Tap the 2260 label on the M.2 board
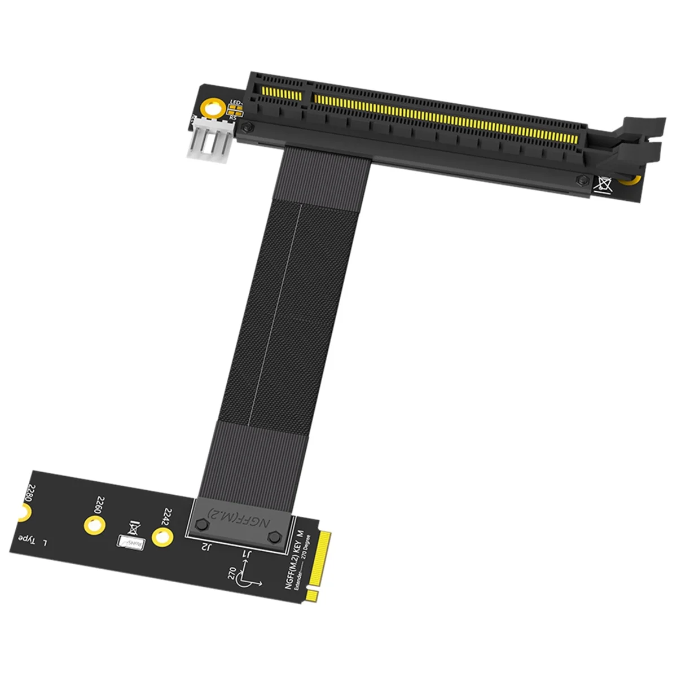click(x=100, y=504)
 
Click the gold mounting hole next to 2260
click(x=94, y=522)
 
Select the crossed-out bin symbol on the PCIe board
click(x=602, y=183)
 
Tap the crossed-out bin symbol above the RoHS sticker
click(x=134, y=527)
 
